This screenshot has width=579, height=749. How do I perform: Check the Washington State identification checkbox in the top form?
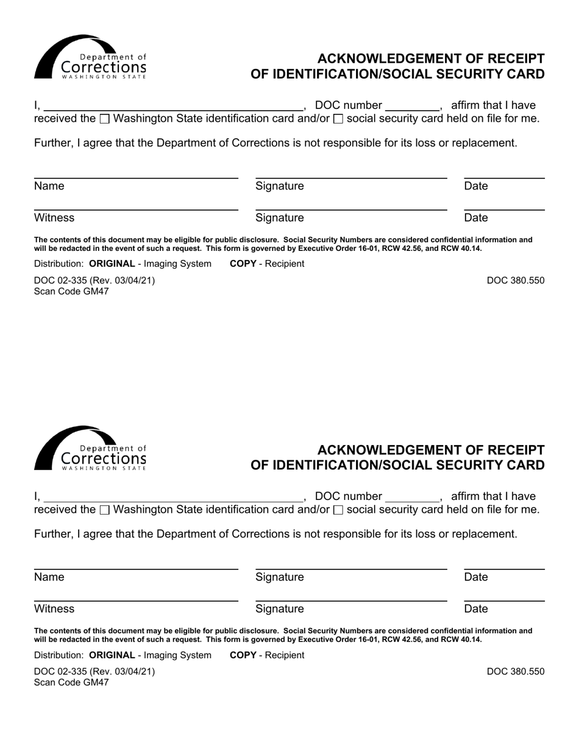click(x=104, y=119)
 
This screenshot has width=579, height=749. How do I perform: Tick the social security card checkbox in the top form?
click(x=338, y=119)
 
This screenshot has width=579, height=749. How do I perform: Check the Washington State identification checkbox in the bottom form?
click(x=104, y=510)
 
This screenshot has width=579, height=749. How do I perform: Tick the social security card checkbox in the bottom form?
click(x=338, y=510)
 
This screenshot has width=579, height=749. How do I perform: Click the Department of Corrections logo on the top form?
click(x=90, y=57)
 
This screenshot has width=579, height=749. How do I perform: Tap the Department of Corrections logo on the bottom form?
click(x=90, y=448)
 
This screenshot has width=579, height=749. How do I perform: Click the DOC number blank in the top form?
click(x=413, y=105)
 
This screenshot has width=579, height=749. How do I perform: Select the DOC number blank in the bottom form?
click(x=413, y=496)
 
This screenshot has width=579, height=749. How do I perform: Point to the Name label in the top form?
click(x=49, y=186)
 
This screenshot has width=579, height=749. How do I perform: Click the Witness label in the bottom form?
click(x=54, y=609)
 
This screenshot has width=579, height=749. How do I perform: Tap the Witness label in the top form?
click(x=54, y=218)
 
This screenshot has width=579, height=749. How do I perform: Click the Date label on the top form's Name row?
click(x=476, y=186)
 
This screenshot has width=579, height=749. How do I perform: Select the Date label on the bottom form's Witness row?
click(x=476, y=609)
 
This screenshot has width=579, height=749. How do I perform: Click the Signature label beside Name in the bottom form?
click(x=280, y=577)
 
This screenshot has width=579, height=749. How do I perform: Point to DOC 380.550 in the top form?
click(x=516, y=281)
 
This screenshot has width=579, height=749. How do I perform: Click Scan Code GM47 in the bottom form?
click(x=71, y=683)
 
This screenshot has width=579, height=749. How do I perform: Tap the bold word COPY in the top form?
click(x=243, y=264)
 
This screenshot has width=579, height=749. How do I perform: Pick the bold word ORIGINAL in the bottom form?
click(x=112, y=655)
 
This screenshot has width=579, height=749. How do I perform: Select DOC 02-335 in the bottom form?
click(x=61, y=672)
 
